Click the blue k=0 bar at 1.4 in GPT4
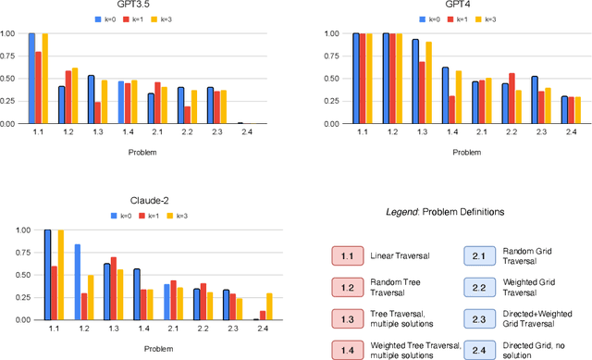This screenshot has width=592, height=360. click(x=445, y=95)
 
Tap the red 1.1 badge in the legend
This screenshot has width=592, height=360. click(x=347, y=255)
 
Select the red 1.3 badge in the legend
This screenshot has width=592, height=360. click(x=347, y=317)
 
